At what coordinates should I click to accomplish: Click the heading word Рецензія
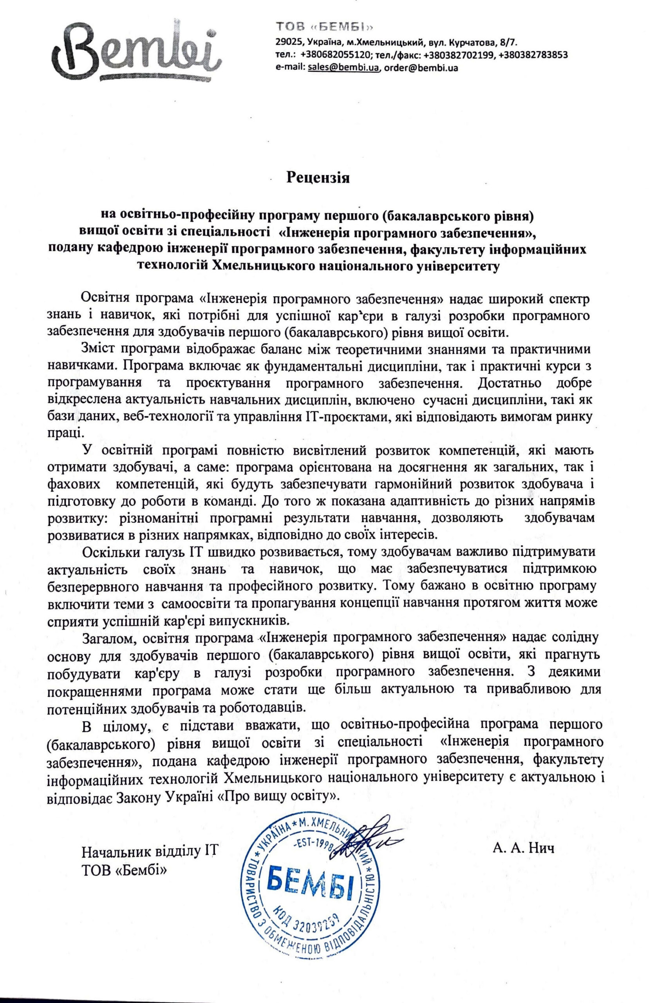[318, 177]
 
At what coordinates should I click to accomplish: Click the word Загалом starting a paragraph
[109, 637]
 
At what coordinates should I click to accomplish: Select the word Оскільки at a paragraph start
[111, 552]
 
